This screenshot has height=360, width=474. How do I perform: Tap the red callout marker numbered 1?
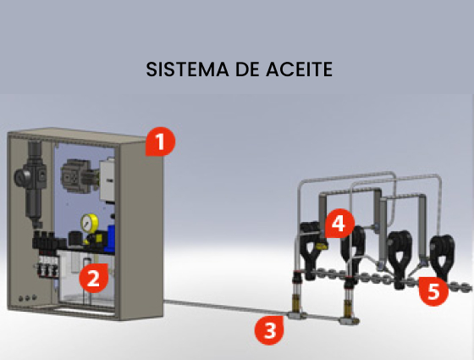click(160, 141)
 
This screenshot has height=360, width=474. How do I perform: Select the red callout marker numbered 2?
click(93, 278)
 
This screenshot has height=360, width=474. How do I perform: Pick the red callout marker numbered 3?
click(269, 330)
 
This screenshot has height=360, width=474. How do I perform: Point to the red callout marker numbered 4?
click(339, 224)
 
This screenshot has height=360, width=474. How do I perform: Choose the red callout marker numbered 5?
click(433, 291)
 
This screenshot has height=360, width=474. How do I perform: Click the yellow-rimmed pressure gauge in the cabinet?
click(89, 224)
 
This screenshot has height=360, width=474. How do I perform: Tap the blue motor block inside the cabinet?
click(109, 238)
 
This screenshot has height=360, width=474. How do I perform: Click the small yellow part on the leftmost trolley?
click(321, 246)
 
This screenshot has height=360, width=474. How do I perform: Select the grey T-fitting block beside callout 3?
click(296, 315)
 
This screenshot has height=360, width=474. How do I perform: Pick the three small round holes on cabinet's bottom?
click(27, 298)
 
